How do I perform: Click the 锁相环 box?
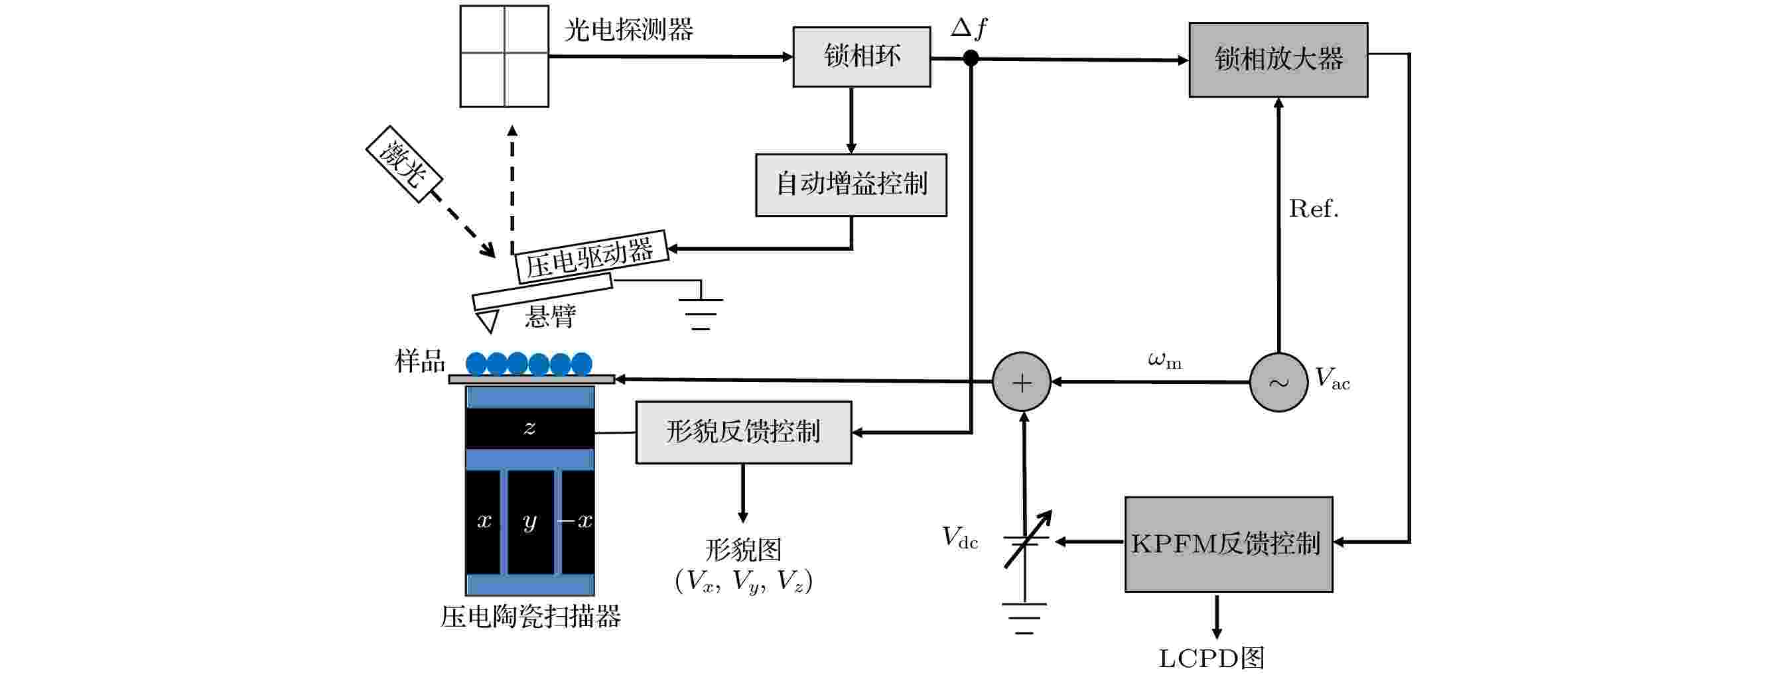(861, 56)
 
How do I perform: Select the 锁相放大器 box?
(1278, 59)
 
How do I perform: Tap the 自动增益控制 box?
(851, 185)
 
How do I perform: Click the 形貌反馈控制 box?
(743, 432)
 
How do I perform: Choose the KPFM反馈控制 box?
(1229, 544)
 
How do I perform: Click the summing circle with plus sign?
(1022, 382)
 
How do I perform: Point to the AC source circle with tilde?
(1279, 382)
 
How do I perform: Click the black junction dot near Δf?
(971, 58)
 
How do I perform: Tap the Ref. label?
(1314, 208)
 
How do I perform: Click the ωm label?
(1164, 360)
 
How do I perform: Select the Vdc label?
(960, 537)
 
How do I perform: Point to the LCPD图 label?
(1211, 658)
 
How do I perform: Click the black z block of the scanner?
(529, 428)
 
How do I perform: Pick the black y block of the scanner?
(530, 522)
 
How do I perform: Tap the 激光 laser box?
(403, 164)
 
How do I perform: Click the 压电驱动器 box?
(592, 257)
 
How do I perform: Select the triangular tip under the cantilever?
(488, 320)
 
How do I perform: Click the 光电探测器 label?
(628, 30)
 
